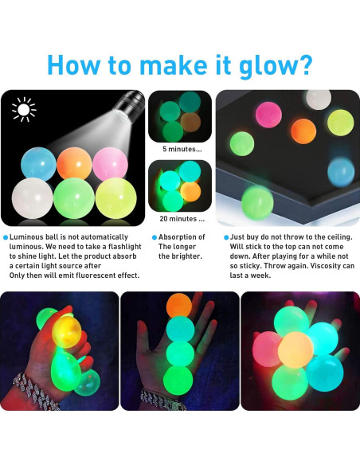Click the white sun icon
(24, 109)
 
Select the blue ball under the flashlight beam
(32, 163)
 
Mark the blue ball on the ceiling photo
(340, 170)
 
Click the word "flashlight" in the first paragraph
(119, 247)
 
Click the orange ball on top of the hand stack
(178, 307)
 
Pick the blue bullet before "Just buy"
(225, 237)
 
